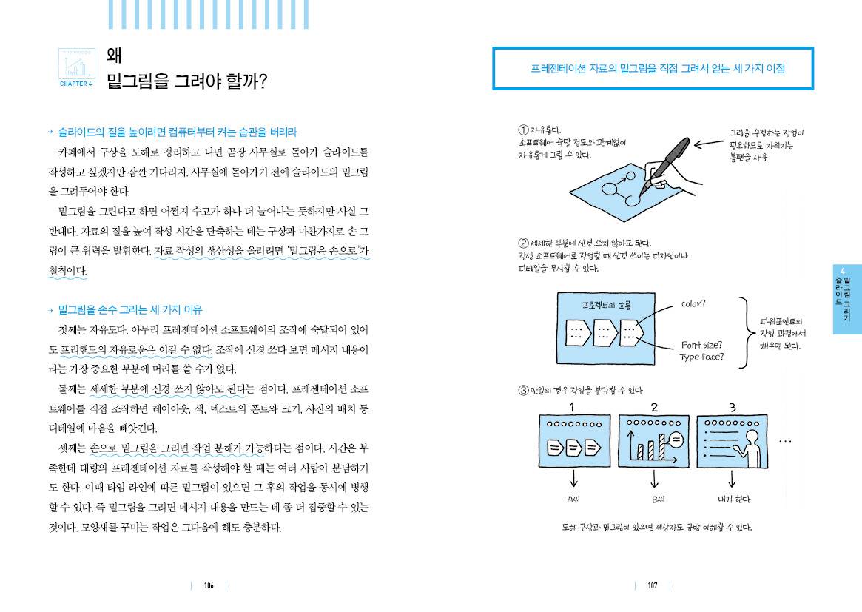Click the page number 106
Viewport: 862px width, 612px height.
[209, 585]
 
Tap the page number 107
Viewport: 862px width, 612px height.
[652, 585]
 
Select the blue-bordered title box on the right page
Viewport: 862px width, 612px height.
[653, 69]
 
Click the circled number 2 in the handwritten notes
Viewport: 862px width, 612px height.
[524, 243]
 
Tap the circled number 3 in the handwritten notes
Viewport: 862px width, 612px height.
[524, 390]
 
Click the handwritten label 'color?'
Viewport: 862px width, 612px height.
[693, 303]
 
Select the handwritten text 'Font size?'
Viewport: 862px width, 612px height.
[702, 345]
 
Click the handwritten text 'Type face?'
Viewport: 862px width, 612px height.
[701, 357]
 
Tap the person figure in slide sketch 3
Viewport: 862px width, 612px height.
[747, 445]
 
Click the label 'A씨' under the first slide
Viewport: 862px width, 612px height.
[573, 499]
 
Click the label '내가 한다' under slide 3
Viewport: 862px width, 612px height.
[734, 499]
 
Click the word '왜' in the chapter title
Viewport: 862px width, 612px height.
[115, 56]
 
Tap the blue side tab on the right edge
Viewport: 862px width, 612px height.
[846, 299]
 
